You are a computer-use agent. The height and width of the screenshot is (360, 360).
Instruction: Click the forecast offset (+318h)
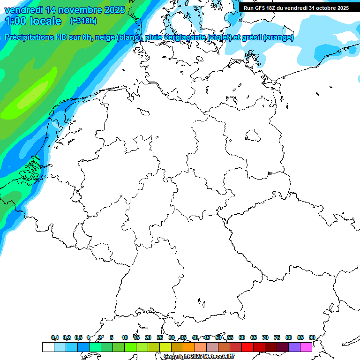[x=83, y=21]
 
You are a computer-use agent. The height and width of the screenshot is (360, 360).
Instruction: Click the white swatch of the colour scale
[x=48, y=347]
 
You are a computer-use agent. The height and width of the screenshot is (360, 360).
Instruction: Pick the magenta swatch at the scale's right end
[x=306, y=347]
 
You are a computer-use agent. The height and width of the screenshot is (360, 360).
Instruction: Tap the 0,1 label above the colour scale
[x=55, y=337]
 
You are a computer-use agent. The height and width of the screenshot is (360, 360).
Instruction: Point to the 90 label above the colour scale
[x=312, y=337]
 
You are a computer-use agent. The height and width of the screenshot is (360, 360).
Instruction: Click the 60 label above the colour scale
[x=242, y=337]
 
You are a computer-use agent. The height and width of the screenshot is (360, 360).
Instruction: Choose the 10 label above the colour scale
[x=125, y=337]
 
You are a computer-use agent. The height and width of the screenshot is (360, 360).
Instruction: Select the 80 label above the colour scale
[x=288, y=337]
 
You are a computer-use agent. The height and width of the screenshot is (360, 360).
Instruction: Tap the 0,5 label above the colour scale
[x=78, y=337]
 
